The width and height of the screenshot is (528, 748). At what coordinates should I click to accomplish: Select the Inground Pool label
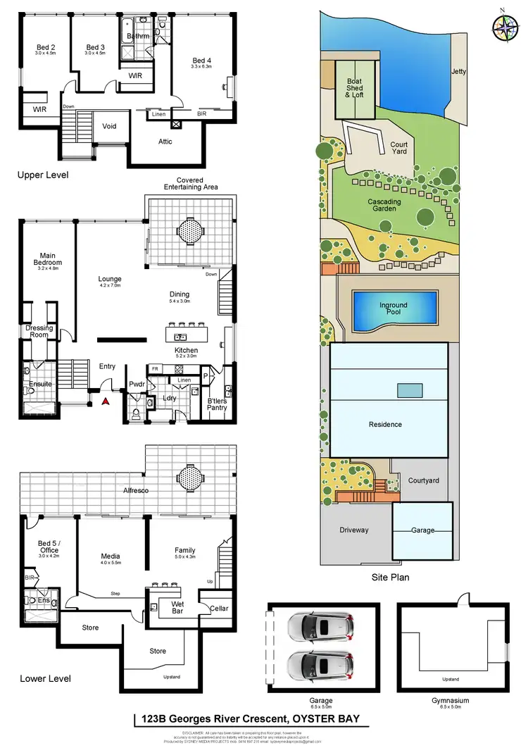(x=394, y=308)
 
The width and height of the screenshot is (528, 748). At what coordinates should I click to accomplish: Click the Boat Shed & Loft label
(x=355, y=87)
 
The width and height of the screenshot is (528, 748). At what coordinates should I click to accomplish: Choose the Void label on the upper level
(x=109, y=127)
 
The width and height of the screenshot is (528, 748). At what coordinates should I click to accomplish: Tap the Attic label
(x=165, y=142)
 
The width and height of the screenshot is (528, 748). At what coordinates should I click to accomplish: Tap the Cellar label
(x=219, y=608)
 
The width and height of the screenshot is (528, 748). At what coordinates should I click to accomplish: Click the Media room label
(x=111, y=559)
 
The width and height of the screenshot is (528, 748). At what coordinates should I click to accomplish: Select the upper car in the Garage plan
(x=321, y=625)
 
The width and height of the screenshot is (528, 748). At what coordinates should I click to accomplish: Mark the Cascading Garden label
(x=384, y=205)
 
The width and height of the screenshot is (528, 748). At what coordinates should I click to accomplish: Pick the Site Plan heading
(x=391, y=577)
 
